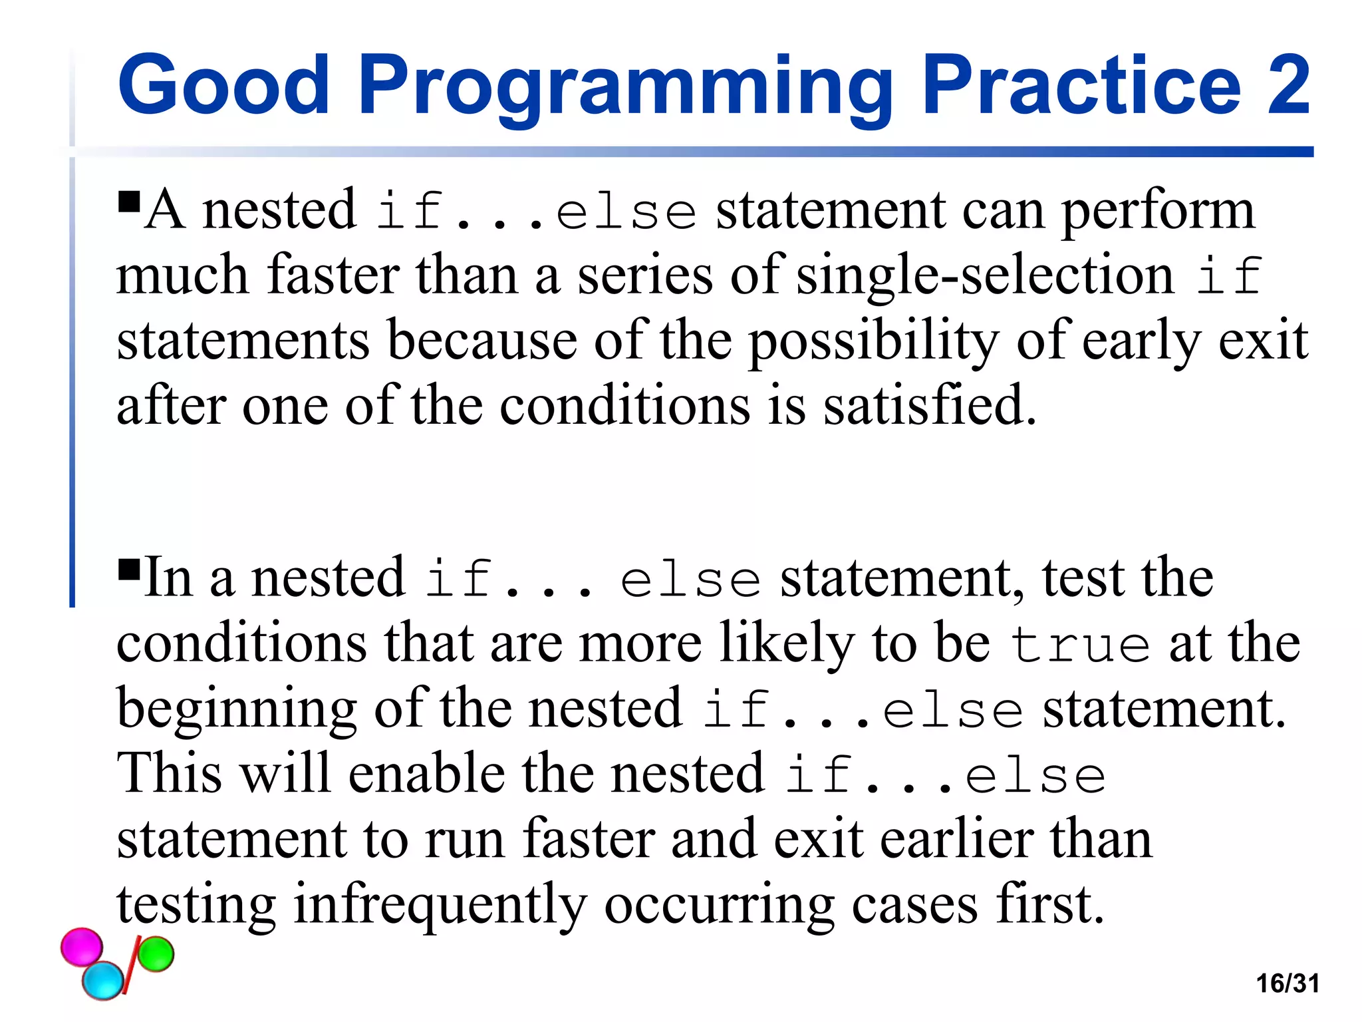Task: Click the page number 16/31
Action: pyautogui.click(x=1288, y=983)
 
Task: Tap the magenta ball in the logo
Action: pyautogui.click(x=82, y=947)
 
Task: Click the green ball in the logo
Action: pyautogui.click(x=156, y=954)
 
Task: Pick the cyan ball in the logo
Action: pyautogui.click(x=103, y=980)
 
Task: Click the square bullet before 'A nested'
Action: pyautogui.click(x=129, y=201)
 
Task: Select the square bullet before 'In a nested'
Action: pyautogui.click(x=129, y=570)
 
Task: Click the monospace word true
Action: pyautogui.click(x=1079, y=645)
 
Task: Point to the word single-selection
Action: pyautogui.click(x=985, y=275)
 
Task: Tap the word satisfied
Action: pyautogui.click(x=929, y=406)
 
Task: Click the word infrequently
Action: pyautogui.click(x=440, y=905)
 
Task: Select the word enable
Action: pyautogui.click(x=426, y=774)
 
